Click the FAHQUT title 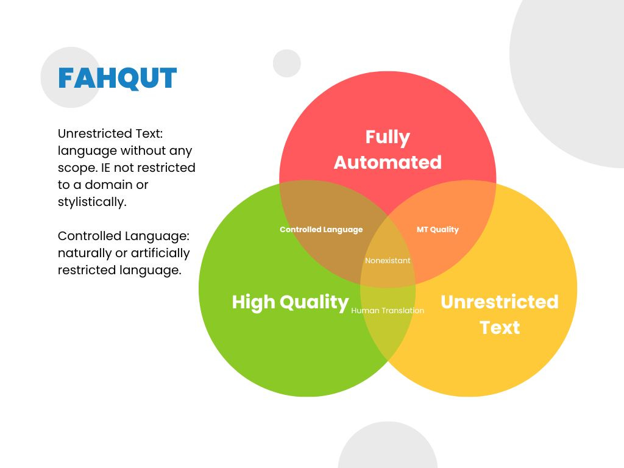tap(117, 79)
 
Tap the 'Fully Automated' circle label tap(388, 149)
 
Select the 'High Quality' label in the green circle tap(290, 302)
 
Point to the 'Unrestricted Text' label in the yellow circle tap(499, 314)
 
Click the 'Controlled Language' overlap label tap(321, 230)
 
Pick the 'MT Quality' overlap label tap(438, 230)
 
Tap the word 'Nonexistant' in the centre tap(388, 261)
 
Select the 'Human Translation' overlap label tap(388, 311)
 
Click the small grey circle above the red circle tap(287, 63)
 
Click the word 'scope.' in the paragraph tap(77, 168)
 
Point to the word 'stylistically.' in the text tap(92, 202)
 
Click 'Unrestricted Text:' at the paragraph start tap(110, 133)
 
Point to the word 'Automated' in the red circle tap(388, 163)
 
